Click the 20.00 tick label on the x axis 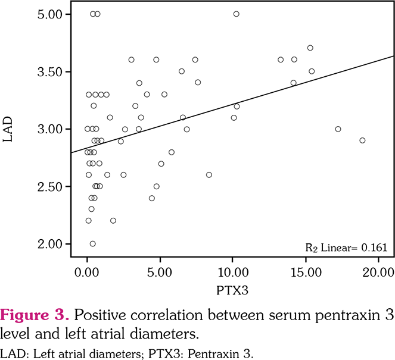click(x=379, y=273)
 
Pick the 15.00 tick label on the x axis click(x=306, y=273)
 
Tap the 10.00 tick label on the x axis click(x=233, y=273)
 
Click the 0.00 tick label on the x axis click(x=87, y=273)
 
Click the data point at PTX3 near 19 click(x=362, y=140)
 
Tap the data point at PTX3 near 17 click(x=338, y=129)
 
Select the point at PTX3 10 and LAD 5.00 click(x=236, y=14)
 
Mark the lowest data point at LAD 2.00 click(x=92, y=243)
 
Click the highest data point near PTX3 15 click(x=310, y=48)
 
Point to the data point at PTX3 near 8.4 click(x=209, y=175)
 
